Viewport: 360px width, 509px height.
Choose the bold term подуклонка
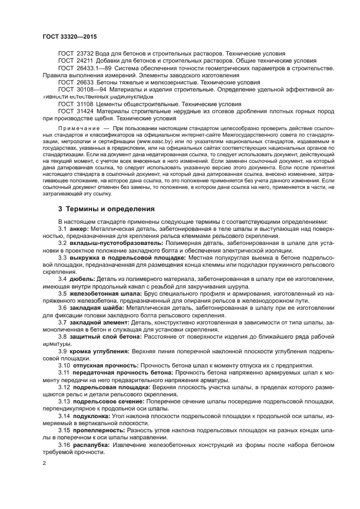click(x=91, y=415)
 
